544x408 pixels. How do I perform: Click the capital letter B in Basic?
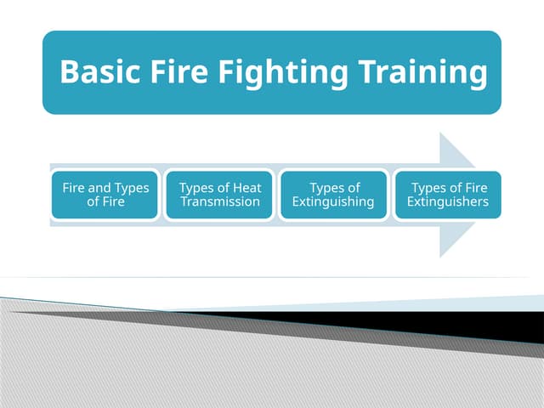click(x=71, y=72)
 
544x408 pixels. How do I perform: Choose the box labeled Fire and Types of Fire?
click(x=105, y=195)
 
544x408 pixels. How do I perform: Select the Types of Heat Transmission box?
click(x=220, y=195)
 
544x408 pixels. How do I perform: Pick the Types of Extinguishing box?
click(x=333, y=195)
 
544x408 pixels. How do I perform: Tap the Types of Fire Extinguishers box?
click(x=447, y=195)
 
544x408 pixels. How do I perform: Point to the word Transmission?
click(x=220, y=202)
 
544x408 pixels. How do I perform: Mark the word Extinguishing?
click(x=333, y=202)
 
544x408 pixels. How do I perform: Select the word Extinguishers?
click(x=448, y=202)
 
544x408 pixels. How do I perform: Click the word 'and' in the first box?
click(x=102, y=188)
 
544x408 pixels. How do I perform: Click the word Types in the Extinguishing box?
click(x=327, y=188)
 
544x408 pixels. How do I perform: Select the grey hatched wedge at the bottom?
click(x=170, y=365)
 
